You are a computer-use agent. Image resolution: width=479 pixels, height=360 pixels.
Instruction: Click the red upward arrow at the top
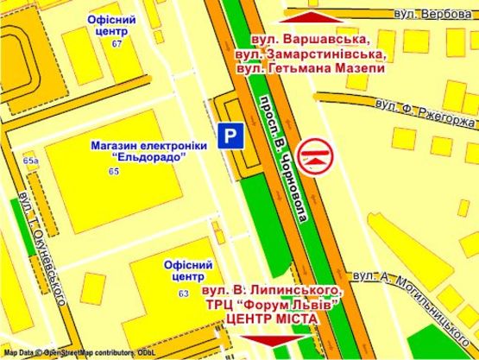click(312, 15)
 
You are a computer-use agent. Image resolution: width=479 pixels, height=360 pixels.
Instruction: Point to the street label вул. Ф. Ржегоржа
click(425, 113)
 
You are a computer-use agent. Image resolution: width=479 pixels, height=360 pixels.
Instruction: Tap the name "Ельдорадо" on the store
click(138, 159)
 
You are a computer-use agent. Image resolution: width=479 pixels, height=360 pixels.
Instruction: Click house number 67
click(117, 43)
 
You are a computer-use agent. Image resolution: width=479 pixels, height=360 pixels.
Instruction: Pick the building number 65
click(114, 174)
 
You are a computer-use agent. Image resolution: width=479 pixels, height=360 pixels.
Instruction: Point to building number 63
click(184, 294)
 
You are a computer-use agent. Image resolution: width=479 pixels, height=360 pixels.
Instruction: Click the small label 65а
click(32, 161)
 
